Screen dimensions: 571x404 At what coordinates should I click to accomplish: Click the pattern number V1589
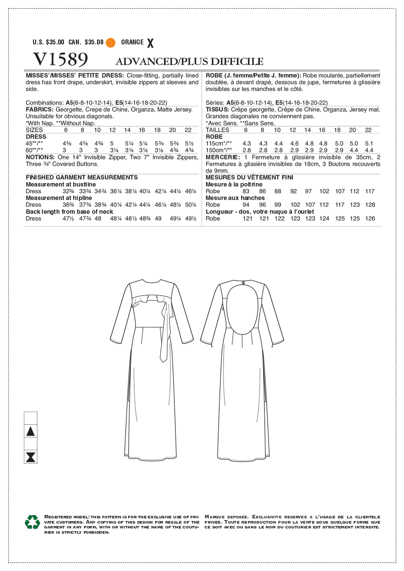point(60,60)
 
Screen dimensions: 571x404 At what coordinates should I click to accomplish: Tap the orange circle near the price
point(110,43)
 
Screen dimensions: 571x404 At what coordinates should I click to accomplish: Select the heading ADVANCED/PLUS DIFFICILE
point(189,62)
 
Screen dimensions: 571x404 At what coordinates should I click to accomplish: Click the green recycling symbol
point(32,522)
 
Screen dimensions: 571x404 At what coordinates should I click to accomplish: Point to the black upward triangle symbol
point(30,431)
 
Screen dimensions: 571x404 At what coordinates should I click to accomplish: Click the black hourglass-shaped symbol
point(30,457)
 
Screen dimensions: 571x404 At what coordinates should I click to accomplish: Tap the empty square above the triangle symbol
point(30,418)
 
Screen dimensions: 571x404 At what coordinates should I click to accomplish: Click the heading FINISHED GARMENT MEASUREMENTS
point(82,178)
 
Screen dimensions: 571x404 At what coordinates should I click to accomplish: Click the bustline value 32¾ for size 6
point(69,191)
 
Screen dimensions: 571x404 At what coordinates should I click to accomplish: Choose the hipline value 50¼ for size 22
point(191,205)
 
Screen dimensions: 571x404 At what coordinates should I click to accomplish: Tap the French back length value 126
point(370,219)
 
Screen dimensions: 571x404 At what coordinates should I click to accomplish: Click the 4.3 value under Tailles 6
point(247,144)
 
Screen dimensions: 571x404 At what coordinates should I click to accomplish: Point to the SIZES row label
point(34,130)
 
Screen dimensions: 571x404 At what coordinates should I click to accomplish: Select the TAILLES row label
point(217,130)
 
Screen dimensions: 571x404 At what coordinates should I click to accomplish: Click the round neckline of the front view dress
point(152,282)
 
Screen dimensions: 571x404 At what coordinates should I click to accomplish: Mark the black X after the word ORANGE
point(150,43)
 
